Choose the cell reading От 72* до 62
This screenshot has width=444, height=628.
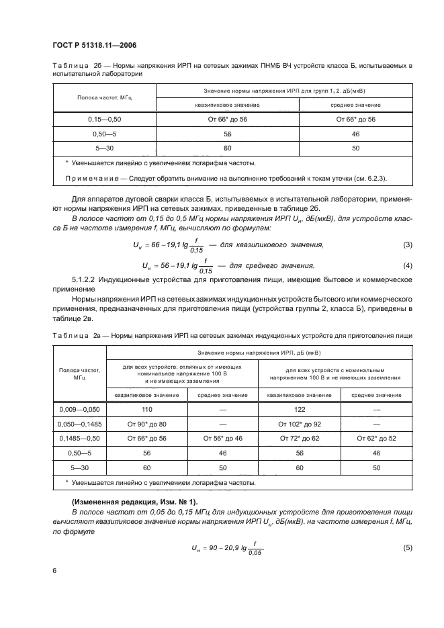coord(300,438)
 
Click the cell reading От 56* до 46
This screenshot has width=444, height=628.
coord(222,438)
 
